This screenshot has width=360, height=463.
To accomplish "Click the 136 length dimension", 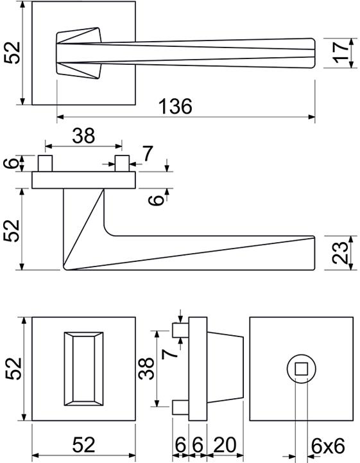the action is click(175, 106).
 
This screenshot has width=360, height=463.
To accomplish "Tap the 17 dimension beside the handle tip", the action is click(340, 53).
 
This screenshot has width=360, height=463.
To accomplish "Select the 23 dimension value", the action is click(340, 252).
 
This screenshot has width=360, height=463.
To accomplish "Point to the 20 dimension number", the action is click(225, 444).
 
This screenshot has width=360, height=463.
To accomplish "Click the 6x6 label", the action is click(328, 446).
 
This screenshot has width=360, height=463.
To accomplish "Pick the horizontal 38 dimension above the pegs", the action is click(83, 135).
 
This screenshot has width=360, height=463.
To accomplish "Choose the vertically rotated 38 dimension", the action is click(146, 368).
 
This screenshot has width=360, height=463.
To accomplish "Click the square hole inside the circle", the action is click(301, 369).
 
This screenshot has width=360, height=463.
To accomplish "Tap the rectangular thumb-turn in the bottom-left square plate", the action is click(84, 369).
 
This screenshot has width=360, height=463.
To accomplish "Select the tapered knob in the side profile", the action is click(225, 369).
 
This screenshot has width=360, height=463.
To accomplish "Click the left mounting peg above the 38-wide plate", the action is click(45, 163).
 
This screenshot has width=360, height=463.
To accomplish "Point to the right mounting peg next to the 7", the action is click(122, 163).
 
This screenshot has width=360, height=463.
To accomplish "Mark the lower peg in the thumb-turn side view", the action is click(180, 408).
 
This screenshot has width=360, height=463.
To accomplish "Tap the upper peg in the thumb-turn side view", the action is click(180, 330).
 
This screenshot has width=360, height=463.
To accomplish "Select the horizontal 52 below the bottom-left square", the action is click(83, 444).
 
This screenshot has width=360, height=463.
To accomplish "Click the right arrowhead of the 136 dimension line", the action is click(312, 118).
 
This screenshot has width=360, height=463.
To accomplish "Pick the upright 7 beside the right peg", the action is click(147, 153).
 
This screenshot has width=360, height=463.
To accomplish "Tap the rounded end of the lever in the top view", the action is click(313, 53).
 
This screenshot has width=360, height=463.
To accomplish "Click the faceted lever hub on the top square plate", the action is click(79, 53).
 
